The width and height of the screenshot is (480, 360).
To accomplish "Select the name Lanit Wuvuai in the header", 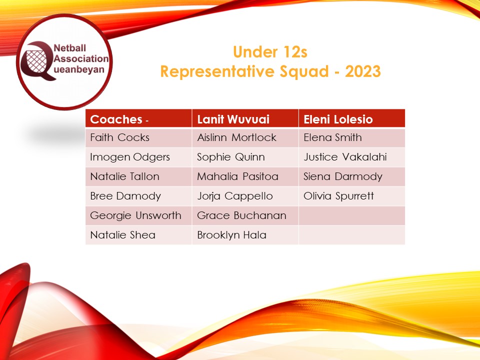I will point(233,120).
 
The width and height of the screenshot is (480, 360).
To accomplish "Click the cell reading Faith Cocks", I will point(119,137).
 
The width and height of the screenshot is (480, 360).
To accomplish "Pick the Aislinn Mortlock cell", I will point(236,137).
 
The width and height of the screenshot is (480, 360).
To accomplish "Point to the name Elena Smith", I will point(332,137).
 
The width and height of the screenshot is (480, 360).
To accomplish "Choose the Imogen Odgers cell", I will point(130,157).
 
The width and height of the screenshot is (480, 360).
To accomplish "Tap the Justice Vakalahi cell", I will point(345,157).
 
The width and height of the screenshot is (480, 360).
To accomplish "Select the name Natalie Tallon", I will point(124,176).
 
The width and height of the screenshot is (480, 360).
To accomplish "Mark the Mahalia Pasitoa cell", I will point(237,176).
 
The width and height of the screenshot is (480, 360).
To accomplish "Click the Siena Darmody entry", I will point(342,176).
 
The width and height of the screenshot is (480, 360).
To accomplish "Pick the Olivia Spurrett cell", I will point(338,196).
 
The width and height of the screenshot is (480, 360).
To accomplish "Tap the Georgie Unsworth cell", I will point(135,215).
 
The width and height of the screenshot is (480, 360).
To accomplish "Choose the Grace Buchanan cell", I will point(241,215).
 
